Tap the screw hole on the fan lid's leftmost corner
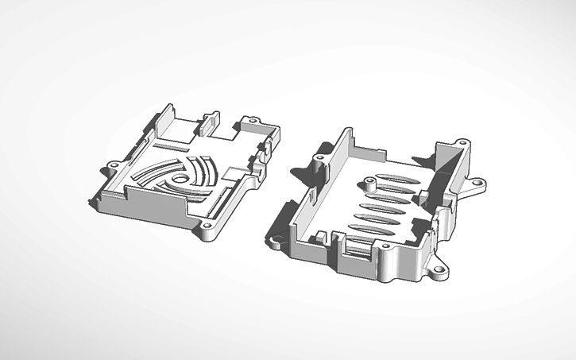point(114,165)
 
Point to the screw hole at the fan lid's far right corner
point(253,122)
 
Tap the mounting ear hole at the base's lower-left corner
point(279,238)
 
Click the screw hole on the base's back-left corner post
point(319,157)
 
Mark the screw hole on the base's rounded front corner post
point(386,247)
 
